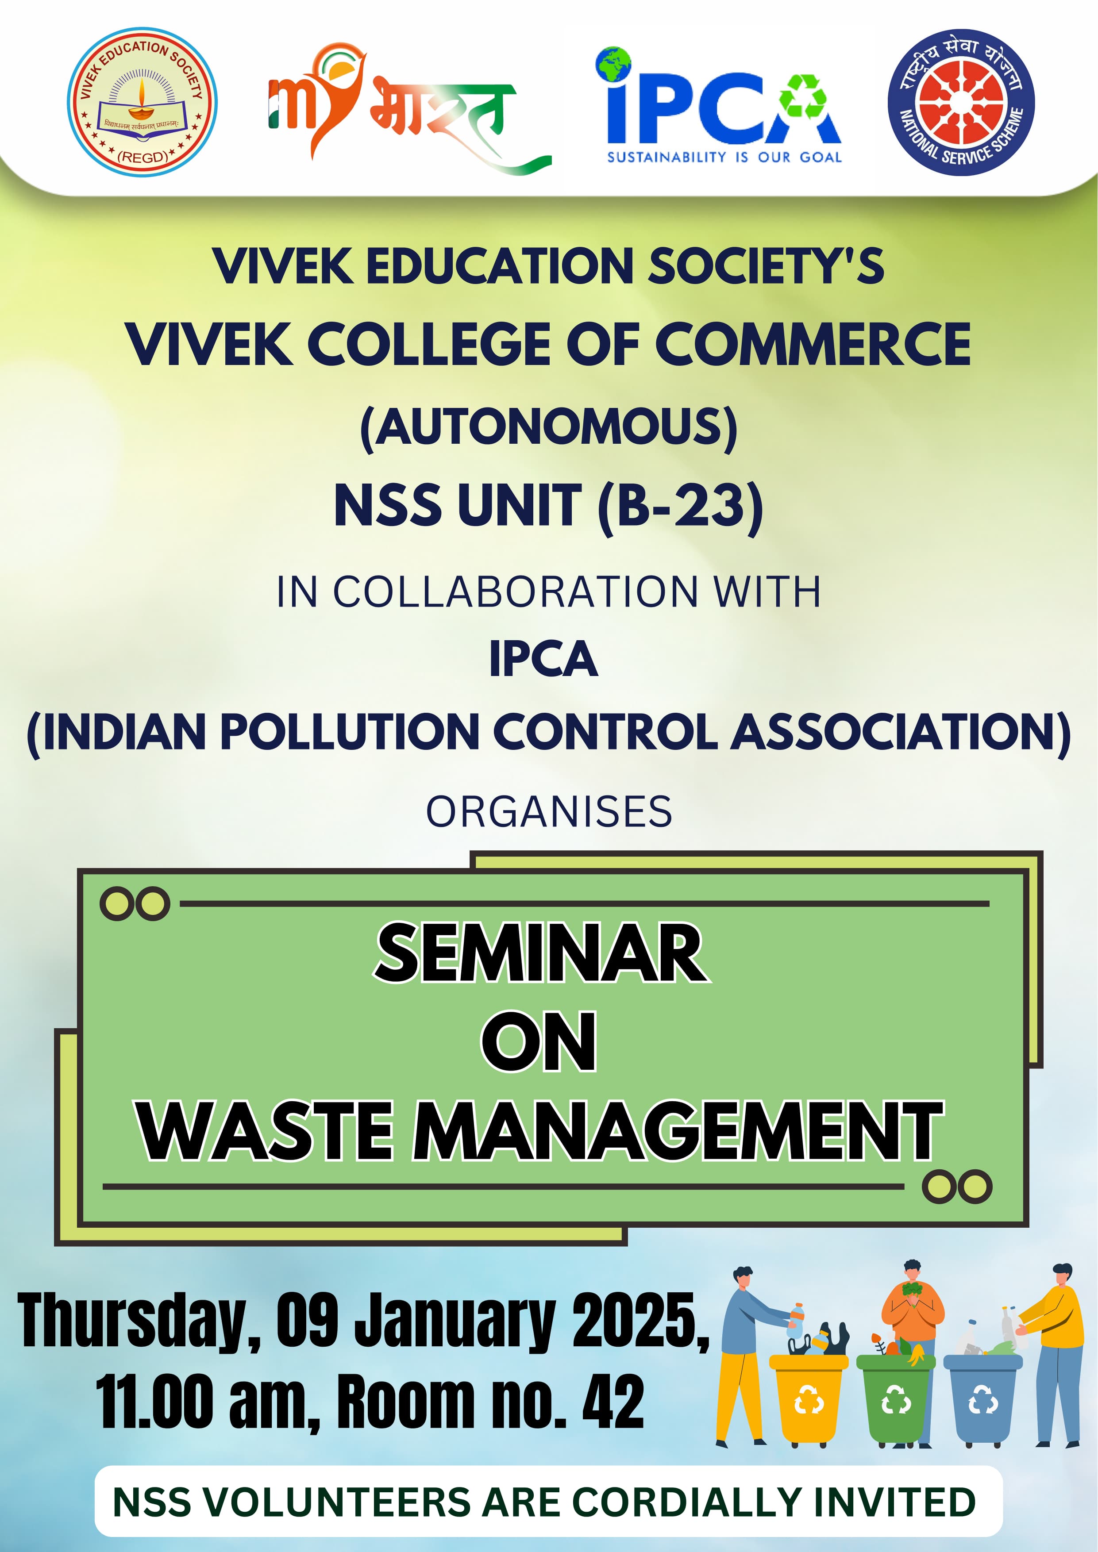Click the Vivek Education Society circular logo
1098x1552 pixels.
(142, 102)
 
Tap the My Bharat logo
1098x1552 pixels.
(410, 108)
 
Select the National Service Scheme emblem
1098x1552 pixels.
(961, 102)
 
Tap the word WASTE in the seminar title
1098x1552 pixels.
(265, 1131)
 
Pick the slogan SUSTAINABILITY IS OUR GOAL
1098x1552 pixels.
(724, 157)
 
